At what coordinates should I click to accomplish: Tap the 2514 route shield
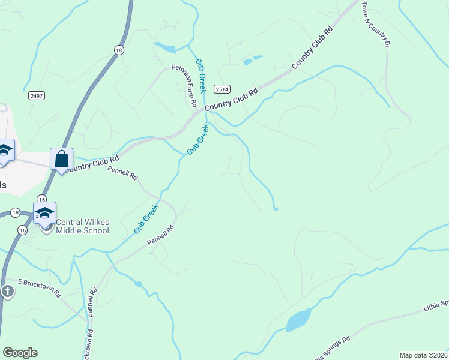coord(221,89)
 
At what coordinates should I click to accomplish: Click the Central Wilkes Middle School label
coord(82,226)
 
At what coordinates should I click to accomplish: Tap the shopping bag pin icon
coord(61,160)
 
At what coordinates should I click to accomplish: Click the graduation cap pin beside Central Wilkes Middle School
coord(44,215)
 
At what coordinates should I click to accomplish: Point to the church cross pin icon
coord(7,292)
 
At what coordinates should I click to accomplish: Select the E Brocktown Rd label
coord(40,288)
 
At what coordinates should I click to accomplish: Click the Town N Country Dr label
coord(375,23)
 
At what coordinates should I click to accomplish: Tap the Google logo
coord(20,353)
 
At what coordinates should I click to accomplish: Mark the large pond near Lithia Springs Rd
coord(298,320)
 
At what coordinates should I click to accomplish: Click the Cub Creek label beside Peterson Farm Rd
coord(200,75)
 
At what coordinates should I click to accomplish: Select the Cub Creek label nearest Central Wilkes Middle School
coord(145,218)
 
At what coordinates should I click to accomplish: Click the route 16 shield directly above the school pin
coord(41,199)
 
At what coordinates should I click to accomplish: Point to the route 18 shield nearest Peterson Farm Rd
coord(119,51)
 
